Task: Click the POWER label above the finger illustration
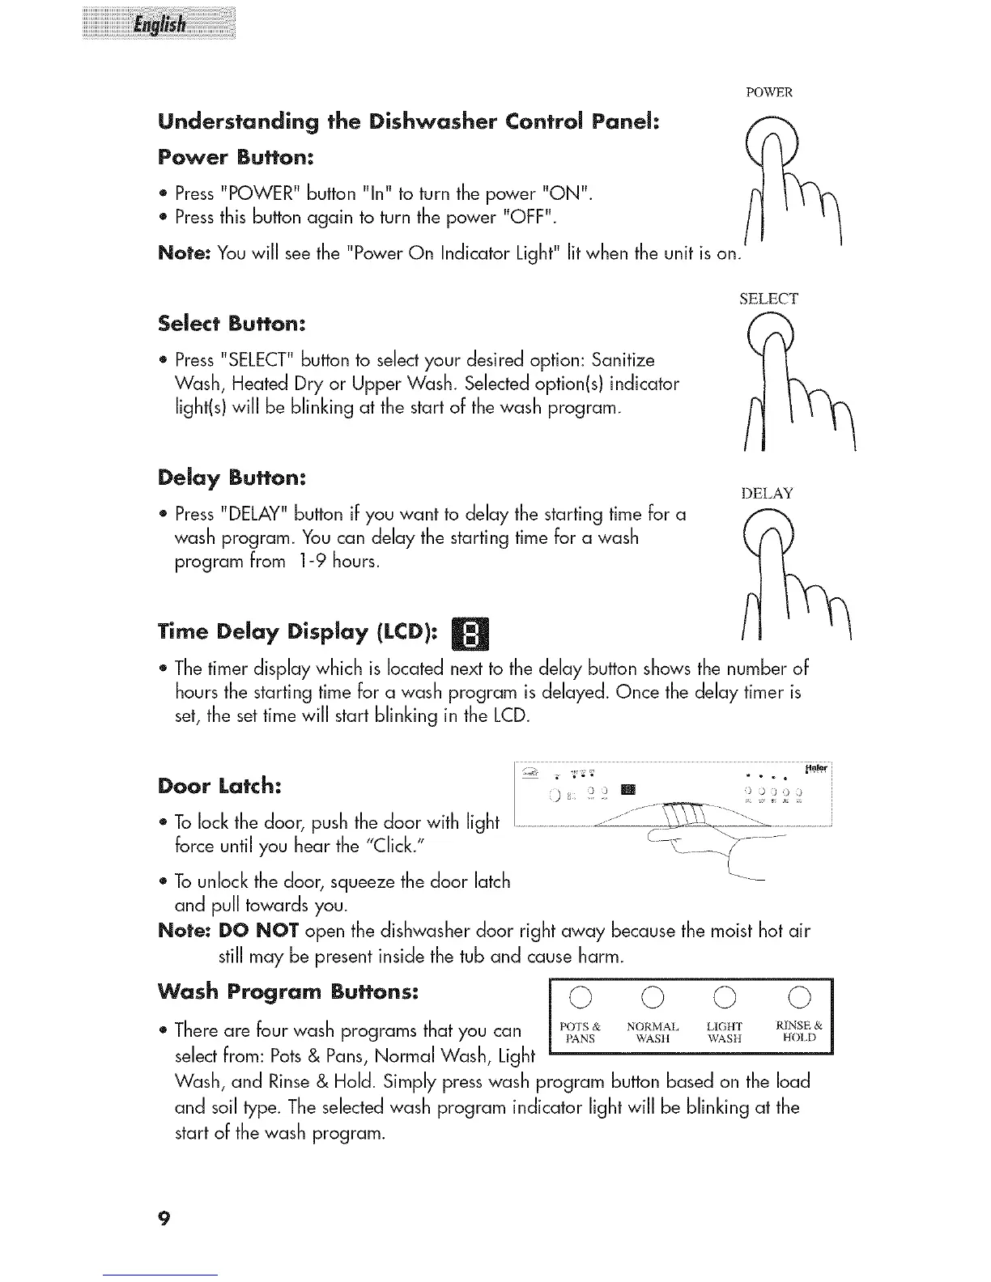[768, 91]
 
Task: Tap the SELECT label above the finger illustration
[768, 299]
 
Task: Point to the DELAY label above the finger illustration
[767, 494]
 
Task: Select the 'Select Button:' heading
[232, 323]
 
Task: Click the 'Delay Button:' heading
[232, 478]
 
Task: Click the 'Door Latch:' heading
[220, 786]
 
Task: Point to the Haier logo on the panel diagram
[817, 767]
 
